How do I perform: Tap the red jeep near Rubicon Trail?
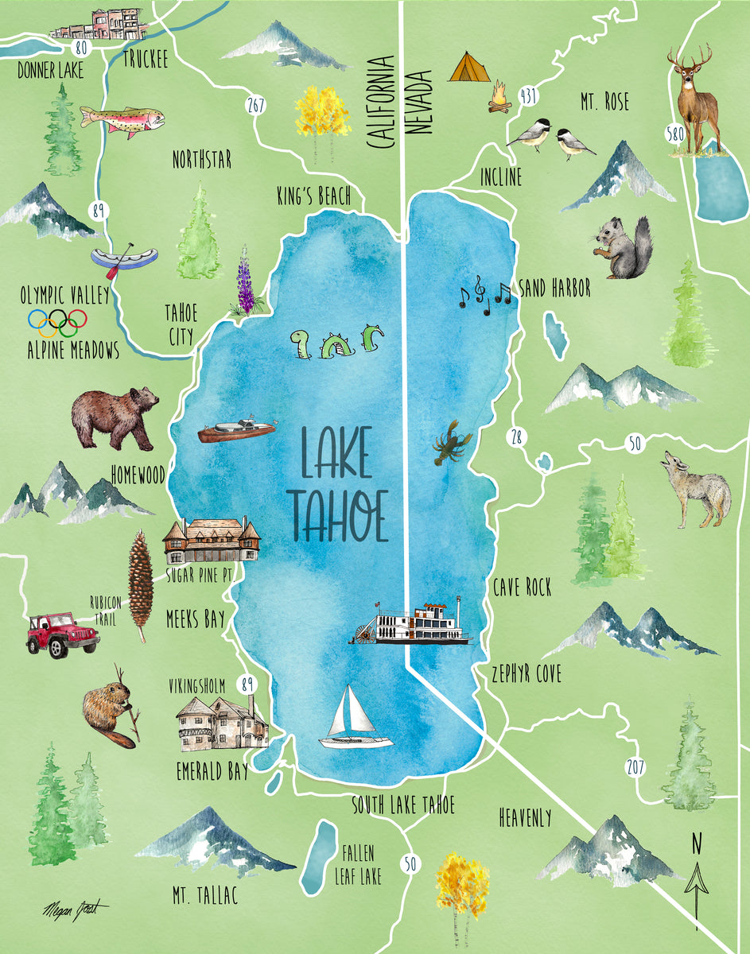(61, 634)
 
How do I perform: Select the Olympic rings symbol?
(57, 321)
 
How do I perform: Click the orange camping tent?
(469, 68)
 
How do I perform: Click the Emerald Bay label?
(212, 771)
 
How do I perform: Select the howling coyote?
(698, 489)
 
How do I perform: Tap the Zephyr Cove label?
(527, 674)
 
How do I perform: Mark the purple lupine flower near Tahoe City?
(246, 282)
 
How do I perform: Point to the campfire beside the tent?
(499, 99)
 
